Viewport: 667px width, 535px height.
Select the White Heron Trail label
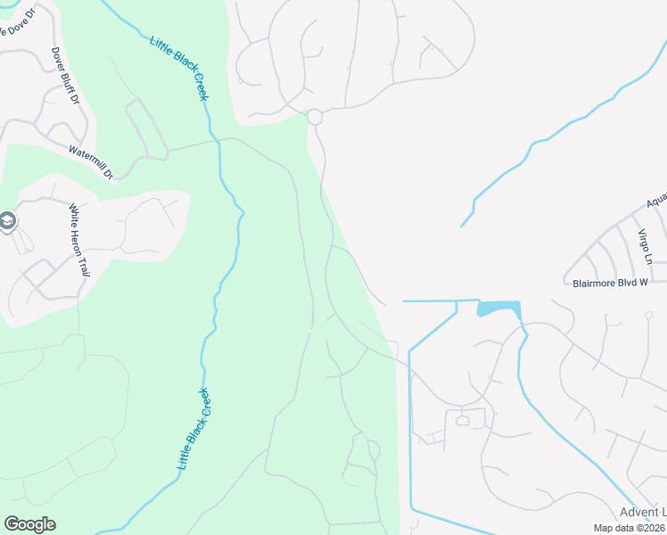tap(80, 238)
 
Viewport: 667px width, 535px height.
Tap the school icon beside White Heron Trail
tap(8, 221)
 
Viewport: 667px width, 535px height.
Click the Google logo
tap(29, 524)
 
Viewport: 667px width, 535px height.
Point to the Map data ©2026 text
tap(627, 528)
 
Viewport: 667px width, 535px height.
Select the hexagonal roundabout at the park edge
tap(314, 117)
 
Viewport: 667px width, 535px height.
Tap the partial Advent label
tap(642, 511)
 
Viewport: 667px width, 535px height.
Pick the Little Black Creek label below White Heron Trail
tap(194, 429)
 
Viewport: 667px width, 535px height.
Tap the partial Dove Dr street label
tap(15, 26)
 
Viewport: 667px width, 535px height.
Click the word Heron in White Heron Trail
tap(80, 240)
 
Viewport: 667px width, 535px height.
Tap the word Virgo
tap(646, 241)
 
